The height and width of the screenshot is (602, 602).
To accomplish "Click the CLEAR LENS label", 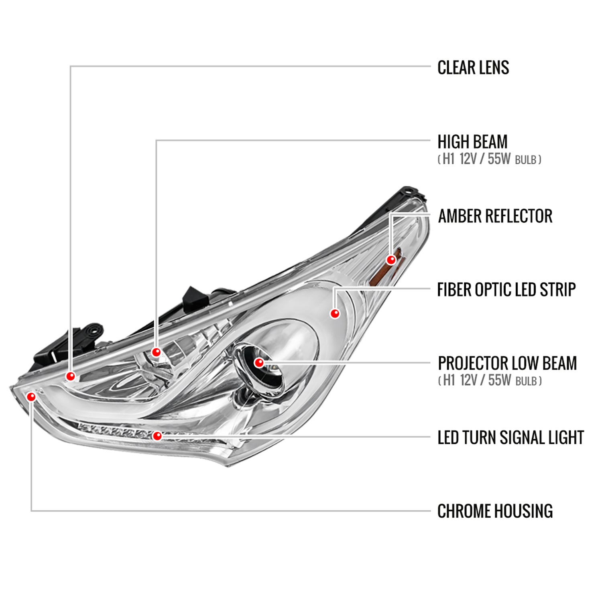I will coord(473,67).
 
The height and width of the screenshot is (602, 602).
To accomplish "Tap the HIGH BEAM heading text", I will coord(472,142).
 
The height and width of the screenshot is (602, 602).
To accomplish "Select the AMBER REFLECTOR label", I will coord(495,216).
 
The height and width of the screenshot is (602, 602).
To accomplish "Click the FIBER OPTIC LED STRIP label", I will coord(506,289).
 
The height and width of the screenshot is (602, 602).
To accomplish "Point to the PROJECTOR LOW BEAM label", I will coord(507,363).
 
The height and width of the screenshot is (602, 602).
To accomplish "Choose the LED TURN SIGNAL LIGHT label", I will coord(510,437).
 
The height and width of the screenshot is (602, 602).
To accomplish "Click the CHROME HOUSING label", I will coord(495,511).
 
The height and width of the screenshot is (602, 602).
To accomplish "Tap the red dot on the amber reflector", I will coord(391,260).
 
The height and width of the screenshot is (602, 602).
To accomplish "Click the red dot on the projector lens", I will coord(259,363).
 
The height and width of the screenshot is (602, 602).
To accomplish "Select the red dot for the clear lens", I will coord(71,376).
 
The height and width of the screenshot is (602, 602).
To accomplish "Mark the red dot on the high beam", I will coord(156,352).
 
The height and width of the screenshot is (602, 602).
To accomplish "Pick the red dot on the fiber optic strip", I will coord(335,313).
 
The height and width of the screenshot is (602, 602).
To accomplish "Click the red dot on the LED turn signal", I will coord(157,435).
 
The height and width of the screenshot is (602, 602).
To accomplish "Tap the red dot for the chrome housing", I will coord(31,397).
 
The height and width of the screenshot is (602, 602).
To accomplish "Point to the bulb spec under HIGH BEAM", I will coord(489,159).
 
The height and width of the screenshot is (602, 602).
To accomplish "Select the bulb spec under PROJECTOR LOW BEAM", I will coord(490,380).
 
